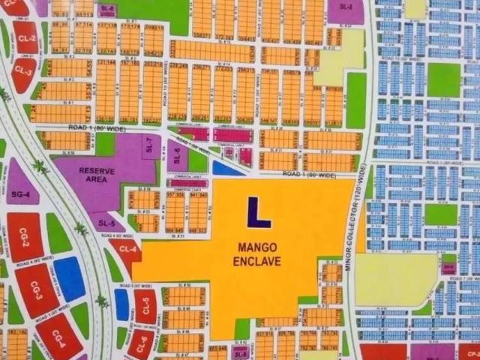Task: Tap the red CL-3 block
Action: (23, 72)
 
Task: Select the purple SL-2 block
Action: (346, 8)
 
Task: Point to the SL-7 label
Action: (148, 142)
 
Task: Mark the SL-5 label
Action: (106, 224)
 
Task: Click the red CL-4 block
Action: (126, 250)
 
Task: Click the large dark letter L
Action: (258, 211)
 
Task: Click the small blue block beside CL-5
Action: (121, 304)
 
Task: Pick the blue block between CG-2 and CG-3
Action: (69, 278)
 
